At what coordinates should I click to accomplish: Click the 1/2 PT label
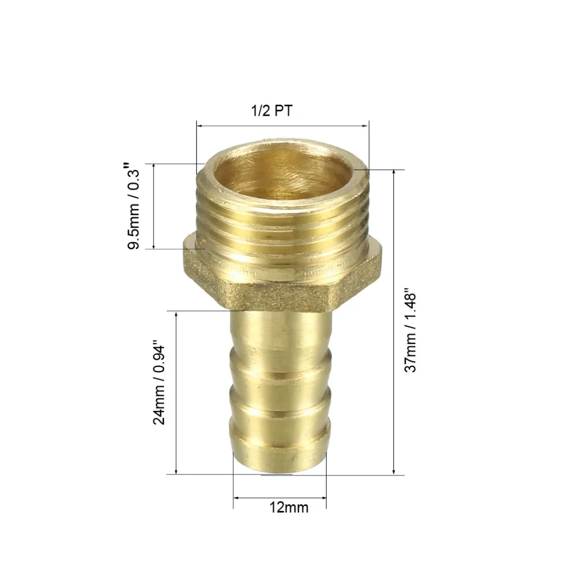(271, 111)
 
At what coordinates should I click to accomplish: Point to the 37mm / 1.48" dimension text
(410, 330)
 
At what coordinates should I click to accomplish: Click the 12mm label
(289, 507)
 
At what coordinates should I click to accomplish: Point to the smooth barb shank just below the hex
(281, 330)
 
